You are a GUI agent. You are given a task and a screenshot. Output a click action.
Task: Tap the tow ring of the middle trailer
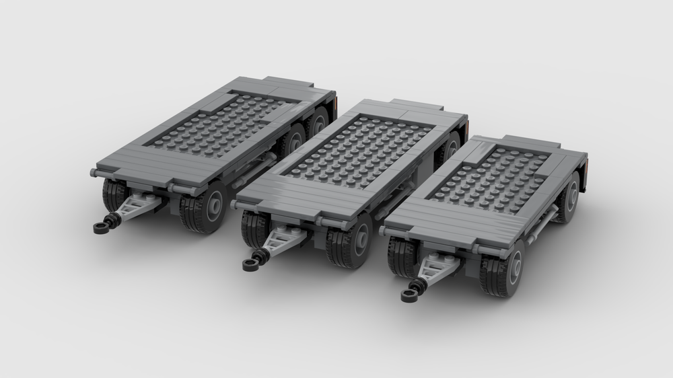click(x=252, y=262)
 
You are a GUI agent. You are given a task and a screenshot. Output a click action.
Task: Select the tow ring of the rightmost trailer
click(x=410, y=294)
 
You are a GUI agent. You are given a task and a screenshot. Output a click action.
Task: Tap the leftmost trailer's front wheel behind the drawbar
click(x=114, y=195)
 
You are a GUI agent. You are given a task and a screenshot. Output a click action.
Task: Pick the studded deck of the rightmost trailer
click(x=498, y=178)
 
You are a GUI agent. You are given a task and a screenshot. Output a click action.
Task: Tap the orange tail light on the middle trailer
click(x=466, y=123)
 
